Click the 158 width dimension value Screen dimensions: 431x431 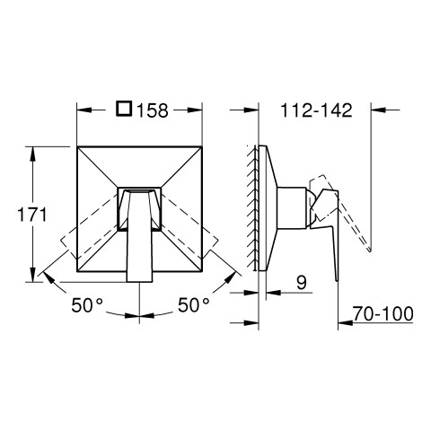point(153,110)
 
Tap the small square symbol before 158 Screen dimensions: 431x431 point(124,109)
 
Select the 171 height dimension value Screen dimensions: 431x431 point(32,215)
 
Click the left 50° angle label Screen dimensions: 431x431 point(87,305)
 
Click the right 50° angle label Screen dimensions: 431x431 point(194,305)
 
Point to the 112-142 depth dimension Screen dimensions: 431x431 point(316,110)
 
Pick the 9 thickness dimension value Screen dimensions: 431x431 point(302,283)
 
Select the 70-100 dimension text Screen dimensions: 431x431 point(383,314)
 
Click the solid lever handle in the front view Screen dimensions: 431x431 point(140,236)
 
